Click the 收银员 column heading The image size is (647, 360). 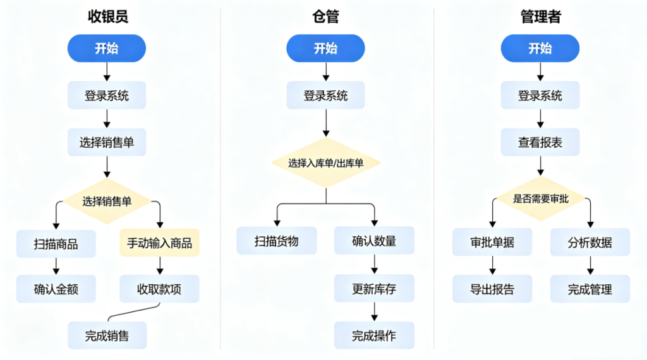pos(107,17)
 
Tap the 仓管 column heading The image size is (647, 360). pos(325,17)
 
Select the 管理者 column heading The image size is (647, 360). pos(540,17)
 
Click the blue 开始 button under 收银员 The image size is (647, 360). pos(107,48)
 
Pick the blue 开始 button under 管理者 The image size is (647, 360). pos(540,48)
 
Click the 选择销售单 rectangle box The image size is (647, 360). pos(107,143)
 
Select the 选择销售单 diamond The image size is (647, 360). pos(107,201)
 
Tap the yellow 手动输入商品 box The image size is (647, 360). pos(159,243)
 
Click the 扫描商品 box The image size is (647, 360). pos(56,243)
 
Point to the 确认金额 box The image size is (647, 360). pos(56,289)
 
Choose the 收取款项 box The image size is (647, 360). pos(159,289)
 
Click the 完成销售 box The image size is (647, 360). pos(107,335)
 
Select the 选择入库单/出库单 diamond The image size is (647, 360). pos(326,163)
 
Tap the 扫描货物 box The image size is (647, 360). pos(277,241)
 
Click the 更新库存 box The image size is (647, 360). pos(374,289)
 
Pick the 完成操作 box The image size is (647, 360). pos(374,335)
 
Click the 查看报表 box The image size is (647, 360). pos(540,143)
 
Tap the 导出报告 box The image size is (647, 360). pos(492,289)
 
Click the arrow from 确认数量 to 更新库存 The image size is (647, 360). pos(374,264)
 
